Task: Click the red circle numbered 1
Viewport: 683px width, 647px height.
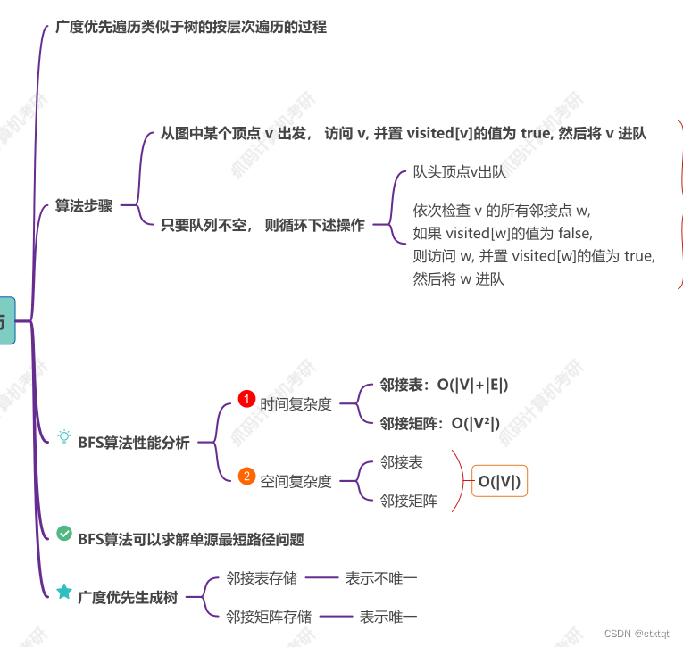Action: pyautogui.click(x=246, y=399)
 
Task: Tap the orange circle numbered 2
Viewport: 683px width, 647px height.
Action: pyautogui.click(x=246, y=476)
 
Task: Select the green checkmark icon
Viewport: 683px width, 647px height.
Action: pyautogui.click(x=64, y=533)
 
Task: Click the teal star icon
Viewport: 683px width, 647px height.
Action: pyautogui.click(x=64, y=591)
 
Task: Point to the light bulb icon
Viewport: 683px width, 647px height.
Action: pyautogui.click(x=64, y=436)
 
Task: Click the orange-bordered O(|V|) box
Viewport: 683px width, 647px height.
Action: pyautogui.click(x=499, y=482)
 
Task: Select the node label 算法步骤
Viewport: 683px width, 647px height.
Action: pyautogui.click(x=84, y=206)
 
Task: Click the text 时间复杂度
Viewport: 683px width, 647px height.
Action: pyautogui.click(x=296, y=404)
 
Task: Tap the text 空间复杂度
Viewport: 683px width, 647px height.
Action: pyautogui.click(x=296, y=481)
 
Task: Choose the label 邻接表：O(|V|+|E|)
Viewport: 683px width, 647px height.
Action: pyautogui.click(x=444, y=386)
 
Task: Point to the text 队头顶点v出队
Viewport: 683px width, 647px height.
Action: pyautogui.click(x=460, y=172)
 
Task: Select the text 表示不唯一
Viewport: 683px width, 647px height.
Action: pyautogui.click(x=381, y=578)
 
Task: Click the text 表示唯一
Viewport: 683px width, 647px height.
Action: pyautogui.click(x=388, y=616)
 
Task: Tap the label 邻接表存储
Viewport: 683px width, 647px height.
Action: pyautogui.click(x=262, y=578)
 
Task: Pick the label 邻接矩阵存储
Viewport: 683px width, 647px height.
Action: pyautogui.click(x=269, y=616)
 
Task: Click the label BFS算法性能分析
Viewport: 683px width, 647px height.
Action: pyautogui.click(x=134, y=442)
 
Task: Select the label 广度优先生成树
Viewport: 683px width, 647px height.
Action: pyautogui.click(x=128, y=597)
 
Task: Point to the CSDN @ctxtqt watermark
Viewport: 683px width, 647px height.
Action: pyautogui.click(x=637, y=633)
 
